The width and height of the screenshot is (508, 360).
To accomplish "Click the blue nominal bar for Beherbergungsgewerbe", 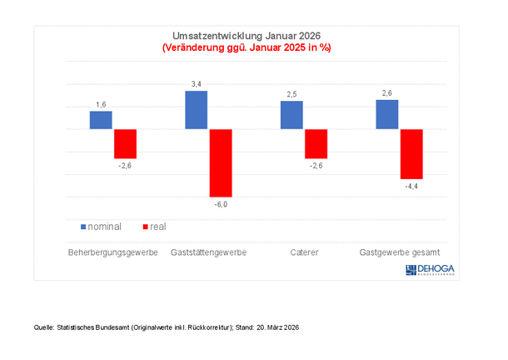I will pos(101,120).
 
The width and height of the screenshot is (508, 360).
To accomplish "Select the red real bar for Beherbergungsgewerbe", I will pos(125,143).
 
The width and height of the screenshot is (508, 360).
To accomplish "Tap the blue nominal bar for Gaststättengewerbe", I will pos(197,110).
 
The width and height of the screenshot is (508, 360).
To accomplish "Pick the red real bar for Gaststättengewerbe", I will pos(221,162).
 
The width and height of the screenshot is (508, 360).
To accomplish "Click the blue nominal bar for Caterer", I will pos(292,115).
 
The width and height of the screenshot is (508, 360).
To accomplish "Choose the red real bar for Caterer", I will pos(316,143).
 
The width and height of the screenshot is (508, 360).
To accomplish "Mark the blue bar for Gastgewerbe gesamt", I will pos(387,114).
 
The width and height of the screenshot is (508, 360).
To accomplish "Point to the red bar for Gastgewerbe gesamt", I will pos(411,153).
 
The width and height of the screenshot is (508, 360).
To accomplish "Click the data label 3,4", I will pos(197,84).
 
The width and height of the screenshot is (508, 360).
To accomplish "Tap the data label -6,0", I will pos(220,204).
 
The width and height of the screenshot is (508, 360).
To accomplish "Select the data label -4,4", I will pos(411,186).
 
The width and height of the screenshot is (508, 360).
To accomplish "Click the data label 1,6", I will pos(101,105).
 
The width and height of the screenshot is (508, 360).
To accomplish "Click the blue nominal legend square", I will pos(83,227).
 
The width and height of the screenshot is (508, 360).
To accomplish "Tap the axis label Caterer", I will pos(304,252).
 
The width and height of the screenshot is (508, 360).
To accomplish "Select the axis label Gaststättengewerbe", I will pos(208,252).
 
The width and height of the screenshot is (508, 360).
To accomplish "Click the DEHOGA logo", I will pos(435,268).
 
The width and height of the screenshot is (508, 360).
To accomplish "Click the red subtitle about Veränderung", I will pos(246,48).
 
